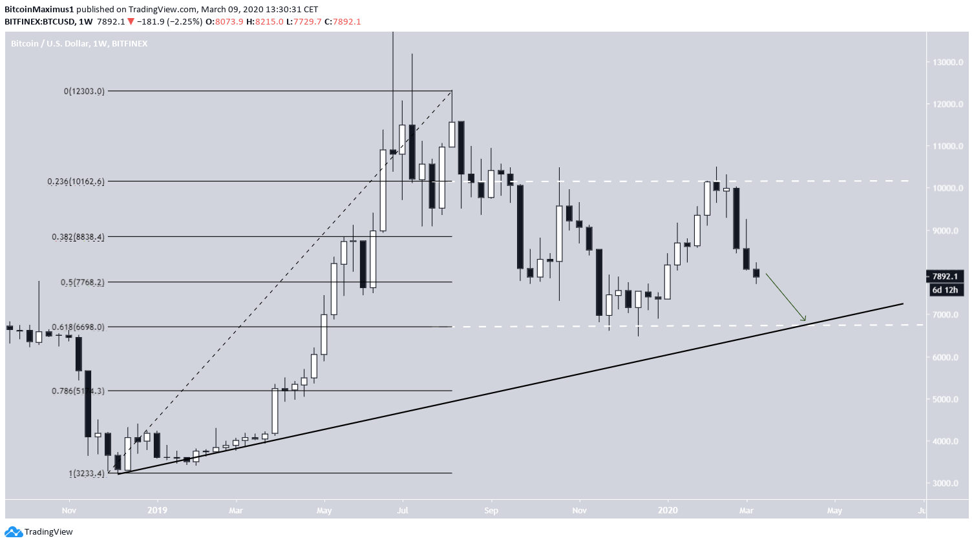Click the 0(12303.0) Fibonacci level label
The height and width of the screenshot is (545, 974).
[x=84, y=91]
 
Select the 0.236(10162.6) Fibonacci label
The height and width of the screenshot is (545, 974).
[x=76, y=181]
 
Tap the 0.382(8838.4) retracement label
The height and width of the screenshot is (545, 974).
[x=78, y=237]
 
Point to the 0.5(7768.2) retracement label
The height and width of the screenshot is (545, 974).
[x=82, y=282]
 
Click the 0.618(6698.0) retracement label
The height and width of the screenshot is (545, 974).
[x=78, y=327]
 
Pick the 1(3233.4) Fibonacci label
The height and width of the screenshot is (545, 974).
[x=87, y=473]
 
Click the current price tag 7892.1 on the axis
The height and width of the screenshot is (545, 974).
[x=945, y=276]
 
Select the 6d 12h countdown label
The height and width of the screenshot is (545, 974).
[x=945, y=290]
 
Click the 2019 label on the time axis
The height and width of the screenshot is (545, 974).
[x=157, y=511]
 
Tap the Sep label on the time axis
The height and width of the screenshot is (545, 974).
[x=491, y=511]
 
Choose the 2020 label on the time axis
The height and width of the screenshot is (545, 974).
[x=668, y=511]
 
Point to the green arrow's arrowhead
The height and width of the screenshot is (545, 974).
[x=805, y=319]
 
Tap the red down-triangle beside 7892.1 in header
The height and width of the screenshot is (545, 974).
[x=131, y=22]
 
